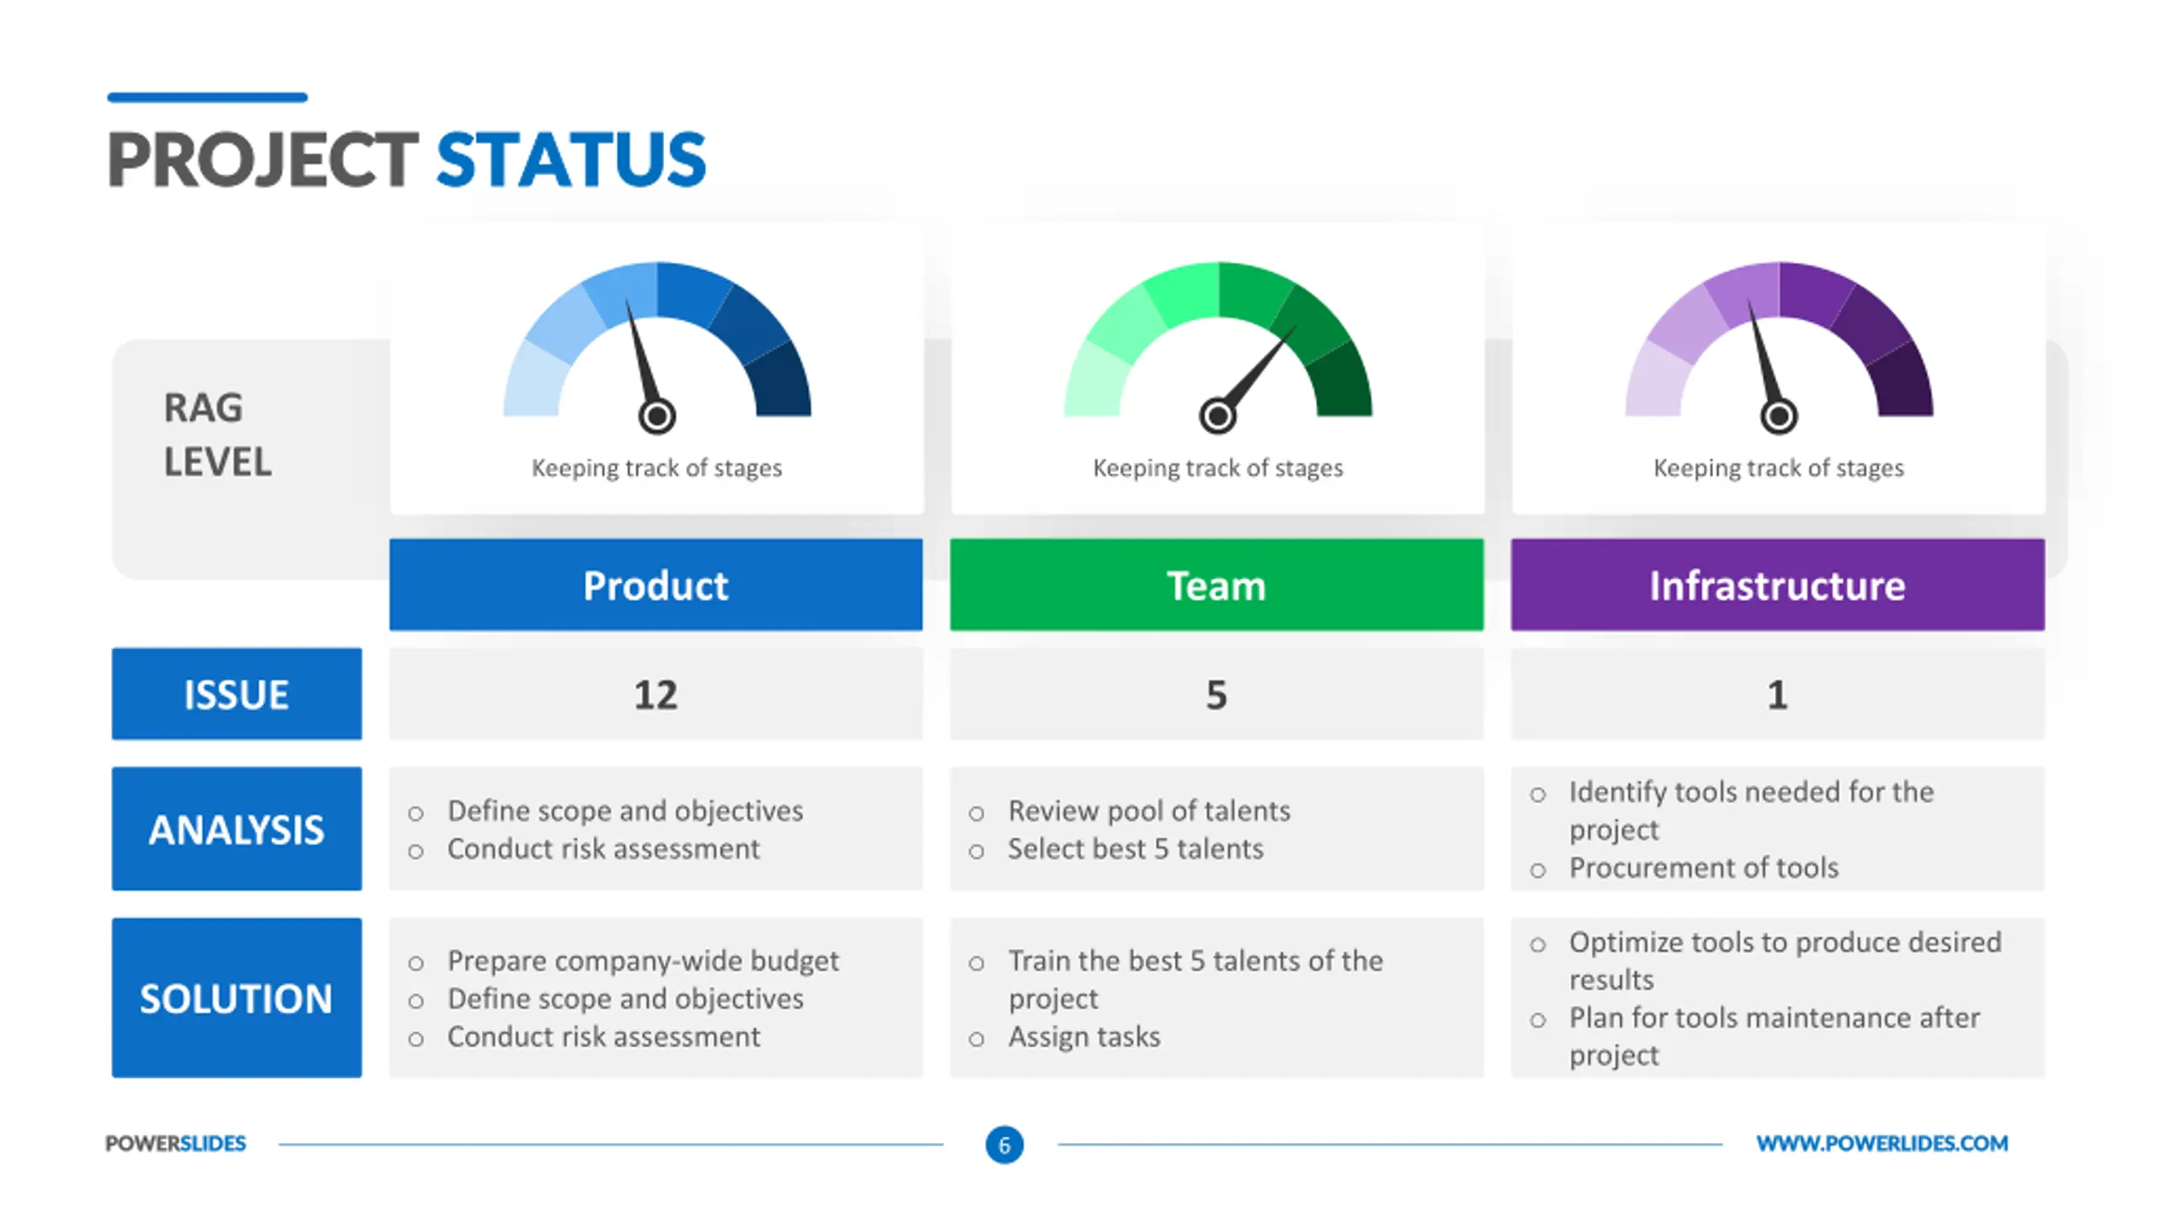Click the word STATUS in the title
click(570, 159)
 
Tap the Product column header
click(656, 585)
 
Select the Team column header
click(1217, 585)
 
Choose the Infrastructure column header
click(1778, 585)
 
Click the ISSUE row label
click(237, 694)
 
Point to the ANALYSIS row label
click(237, 829)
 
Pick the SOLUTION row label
click(237, 998)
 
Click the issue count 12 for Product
click(656, 695)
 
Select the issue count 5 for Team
click(1217, 695)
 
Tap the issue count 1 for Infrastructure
click(1778, 695)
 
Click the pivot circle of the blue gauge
click(657, 415)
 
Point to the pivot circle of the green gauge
click(1218, 415)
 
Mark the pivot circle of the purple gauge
click(1779, 415)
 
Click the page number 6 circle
click(1004, 1145)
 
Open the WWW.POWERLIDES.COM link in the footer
click(1882, 1143)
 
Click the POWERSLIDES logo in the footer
click(175, 1143)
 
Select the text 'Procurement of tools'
click(1704, 868)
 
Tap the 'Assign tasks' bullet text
click(1084, 1037)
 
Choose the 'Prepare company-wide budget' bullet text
click(643, 961)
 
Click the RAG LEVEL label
click(217, 435)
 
